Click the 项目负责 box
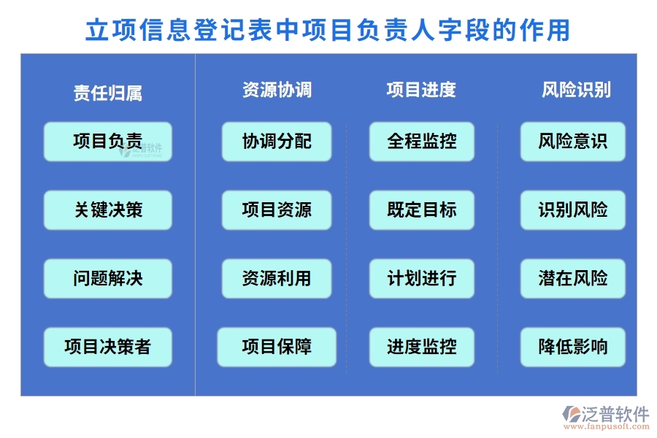107,141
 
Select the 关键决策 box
107,210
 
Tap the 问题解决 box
107,278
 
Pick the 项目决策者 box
107,347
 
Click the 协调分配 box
277,141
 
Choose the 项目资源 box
277,210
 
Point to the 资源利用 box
277,278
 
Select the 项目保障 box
277,347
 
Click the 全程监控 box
421,141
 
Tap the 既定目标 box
421,210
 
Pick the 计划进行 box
421,278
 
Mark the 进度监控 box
421,347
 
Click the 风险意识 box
572,141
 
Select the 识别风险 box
572,210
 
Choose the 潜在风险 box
572,278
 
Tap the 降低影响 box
572,347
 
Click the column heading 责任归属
107,93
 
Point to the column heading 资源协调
277,90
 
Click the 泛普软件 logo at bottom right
605,418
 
